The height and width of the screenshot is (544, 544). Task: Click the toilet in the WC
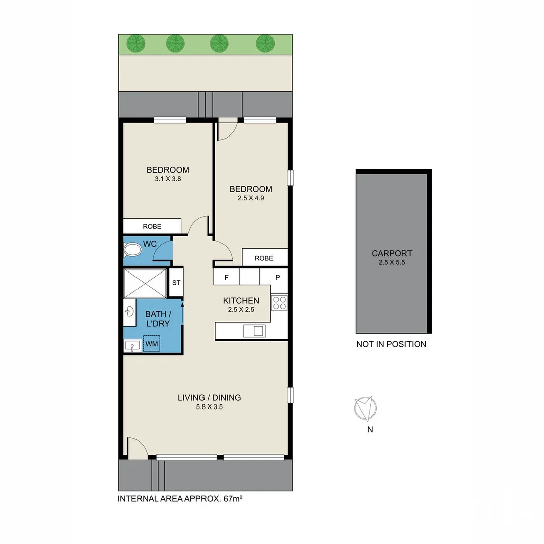point(133,249)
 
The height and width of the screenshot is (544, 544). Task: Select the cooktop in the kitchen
point(279,302)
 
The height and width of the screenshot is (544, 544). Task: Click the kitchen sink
point(254,331)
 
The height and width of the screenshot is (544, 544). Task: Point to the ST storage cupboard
point(176,283)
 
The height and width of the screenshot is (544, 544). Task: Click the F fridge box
point(226,277)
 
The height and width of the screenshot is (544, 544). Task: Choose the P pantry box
point(277,277)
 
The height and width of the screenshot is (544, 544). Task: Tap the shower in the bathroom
point(145,283)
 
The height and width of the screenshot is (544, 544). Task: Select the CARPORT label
point(392,253)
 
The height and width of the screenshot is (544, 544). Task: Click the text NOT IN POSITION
point(391,344)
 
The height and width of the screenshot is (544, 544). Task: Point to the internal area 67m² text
point(183,499)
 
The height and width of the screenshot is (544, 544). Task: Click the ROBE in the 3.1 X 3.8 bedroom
point(152,226)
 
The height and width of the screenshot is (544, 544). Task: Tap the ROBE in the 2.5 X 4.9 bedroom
point(264,258)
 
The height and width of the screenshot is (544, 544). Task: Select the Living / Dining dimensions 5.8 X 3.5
point(209,407)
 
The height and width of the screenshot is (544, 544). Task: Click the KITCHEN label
point(241,301)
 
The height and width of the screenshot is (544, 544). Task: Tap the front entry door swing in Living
point(136,448)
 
